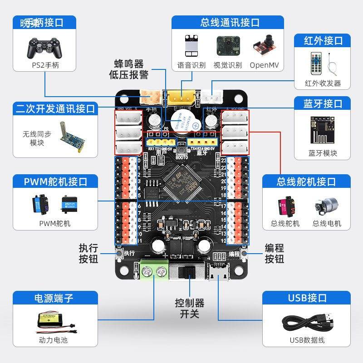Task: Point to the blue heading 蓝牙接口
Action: pyautogui.click(x=323, y=104)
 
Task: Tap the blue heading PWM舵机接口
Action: pyautogui.click(x=55, y=181)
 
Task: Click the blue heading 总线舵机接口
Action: pyautogui.click(x=306, y=181)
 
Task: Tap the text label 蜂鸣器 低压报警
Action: pyautogui.click(x=128, y=69)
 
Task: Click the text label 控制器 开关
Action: pyautogui.click(x=190, y=308)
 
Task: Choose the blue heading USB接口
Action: pyautogui.click(x=307, y=298)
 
